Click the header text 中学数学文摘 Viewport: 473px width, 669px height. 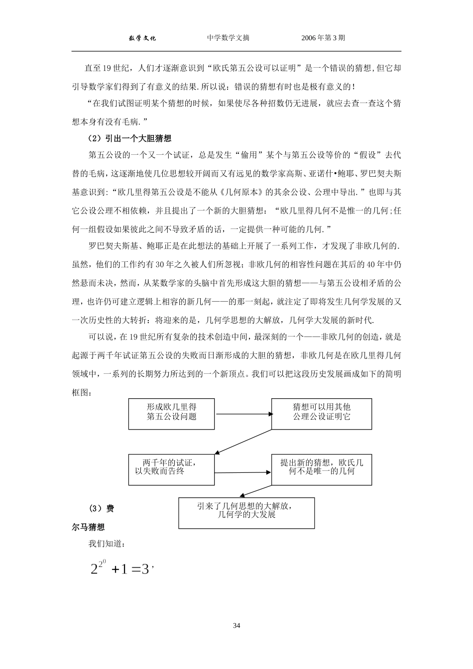click(229, 38)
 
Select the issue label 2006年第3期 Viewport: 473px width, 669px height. click(323, 38)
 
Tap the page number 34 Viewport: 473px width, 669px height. click(236, 626)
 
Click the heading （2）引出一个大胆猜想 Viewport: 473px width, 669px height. click(130, 138)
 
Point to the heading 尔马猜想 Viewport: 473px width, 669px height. click(88, 527)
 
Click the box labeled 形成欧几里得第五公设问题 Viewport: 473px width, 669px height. click(171, 414)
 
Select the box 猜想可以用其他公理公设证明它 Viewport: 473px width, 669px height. click(321, 414)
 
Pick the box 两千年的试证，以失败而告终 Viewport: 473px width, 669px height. click(171, 469)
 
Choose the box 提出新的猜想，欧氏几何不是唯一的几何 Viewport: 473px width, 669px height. click(321, 469)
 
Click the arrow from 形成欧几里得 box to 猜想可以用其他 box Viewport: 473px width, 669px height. click(243, 414)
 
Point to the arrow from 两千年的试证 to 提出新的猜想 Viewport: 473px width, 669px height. click(243, 472)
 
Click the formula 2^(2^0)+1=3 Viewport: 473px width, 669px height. click(120, 568)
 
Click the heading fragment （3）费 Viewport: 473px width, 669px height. click(102, 508)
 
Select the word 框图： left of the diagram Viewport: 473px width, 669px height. click(82, 392)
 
